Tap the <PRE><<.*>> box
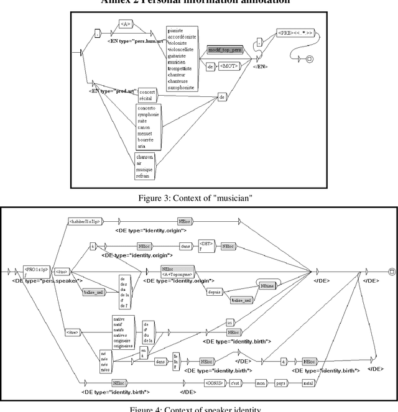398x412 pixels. pos(296,30)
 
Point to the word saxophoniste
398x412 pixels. pos(180,88)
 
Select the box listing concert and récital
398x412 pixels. pos(147,94)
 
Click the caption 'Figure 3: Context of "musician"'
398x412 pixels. pos(198,198)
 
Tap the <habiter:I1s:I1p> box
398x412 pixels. pos(84,221)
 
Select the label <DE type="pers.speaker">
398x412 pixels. pos(39,281)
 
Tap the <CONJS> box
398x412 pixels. pos(213,383)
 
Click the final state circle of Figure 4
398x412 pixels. pos(391,271)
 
